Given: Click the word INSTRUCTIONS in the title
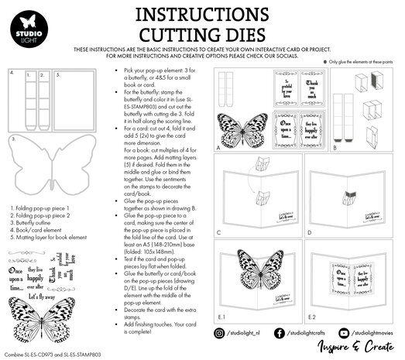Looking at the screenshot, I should click(x=203, y=15).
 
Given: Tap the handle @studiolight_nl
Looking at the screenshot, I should click(x=246, y=333).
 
